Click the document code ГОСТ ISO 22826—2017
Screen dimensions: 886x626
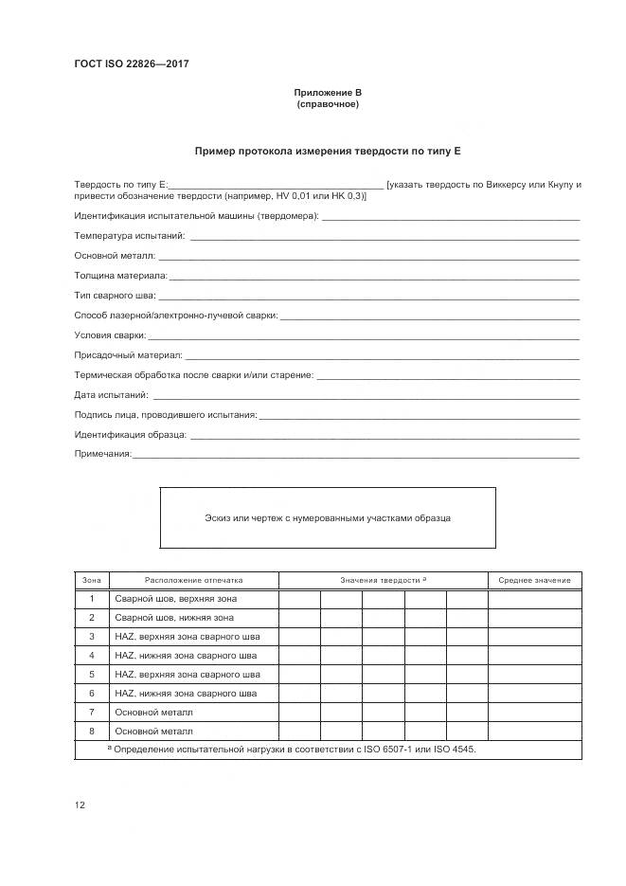coord(132,64)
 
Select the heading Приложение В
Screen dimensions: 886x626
coord(328,93)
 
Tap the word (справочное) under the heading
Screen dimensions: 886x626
coord(328,104)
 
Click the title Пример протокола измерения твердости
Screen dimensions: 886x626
coord(328,151)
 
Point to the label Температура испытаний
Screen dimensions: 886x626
coord(129,235)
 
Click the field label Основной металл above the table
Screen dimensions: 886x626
coord(115,256)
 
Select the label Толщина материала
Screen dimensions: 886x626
coord(120,276)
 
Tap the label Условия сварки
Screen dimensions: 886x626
coord(110,335)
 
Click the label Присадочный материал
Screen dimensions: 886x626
coord(128,355)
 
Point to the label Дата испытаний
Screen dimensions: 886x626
coord(112,395)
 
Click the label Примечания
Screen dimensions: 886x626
coord(102,455)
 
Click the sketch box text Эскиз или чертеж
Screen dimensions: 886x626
coord(328,518)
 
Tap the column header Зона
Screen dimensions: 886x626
coord(92,580)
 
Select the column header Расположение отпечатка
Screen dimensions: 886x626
coord(194,580)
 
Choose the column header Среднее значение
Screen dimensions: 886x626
coord(535,580)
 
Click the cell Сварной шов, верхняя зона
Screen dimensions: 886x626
coord(175,599)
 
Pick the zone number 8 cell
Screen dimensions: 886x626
coord(92,731)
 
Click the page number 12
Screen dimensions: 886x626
coord(80,805)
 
